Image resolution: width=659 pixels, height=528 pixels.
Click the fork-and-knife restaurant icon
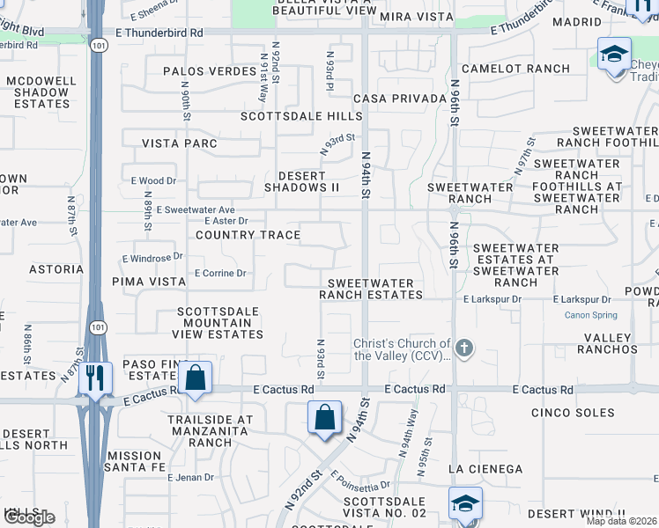coord(93,378)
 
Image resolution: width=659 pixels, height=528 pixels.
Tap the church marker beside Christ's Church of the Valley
coord(463,349)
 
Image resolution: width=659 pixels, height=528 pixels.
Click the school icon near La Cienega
coord(465,502)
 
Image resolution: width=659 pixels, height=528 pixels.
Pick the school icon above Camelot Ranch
coord(614,55)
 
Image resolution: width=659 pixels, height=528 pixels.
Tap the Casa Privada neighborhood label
coord(395,99)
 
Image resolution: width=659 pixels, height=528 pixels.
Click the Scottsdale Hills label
coord(302,116)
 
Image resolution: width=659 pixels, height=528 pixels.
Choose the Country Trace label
coord(248,235)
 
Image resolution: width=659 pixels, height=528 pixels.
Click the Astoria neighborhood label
coord(56,269)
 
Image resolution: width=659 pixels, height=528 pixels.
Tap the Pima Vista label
coord(149,282)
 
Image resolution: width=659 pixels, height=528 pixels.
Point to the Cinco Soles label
coord(572,412)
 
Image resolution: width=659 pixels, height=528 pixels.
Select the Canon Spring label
coord(590,315)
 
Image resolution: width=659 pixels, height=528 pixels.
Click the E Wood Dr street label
coord(153,180)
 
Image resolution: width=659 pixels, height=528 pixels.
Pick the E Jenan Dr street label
coord(190,477)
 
